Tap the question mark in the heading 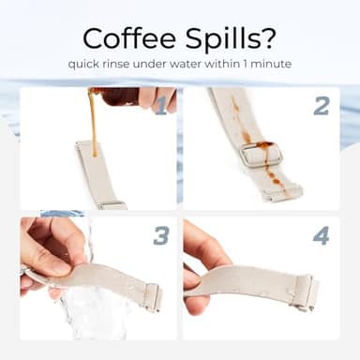(268, 38)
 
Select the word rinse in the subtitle (115, 64)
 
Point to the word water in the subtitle (186, 65)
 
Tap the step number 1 (161, 106)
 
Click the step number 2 (322, 106)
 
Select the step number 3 (161, 235)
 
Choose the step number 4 (321, 235)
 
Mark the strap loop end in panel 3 (154, 297)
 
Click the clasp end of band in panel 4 (306, 292)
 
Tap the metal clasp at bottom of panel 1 (112, 205)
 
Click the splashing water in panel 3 (91, 312)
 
